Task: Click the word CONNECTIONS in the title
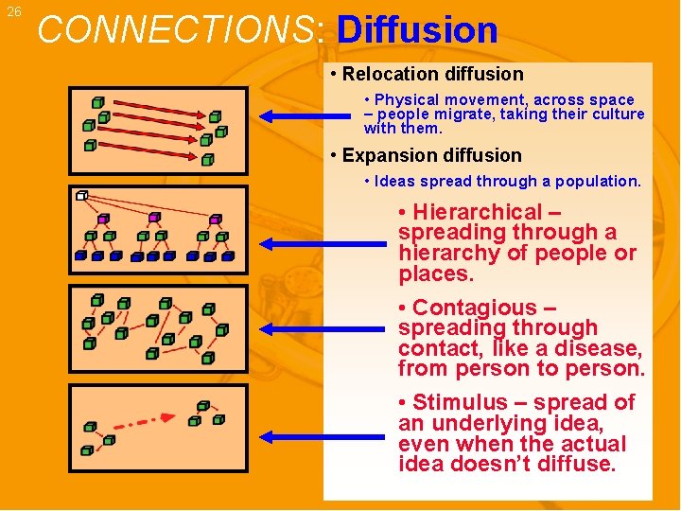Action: (x=178, y=30)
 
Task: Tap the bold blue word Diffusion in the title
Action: (x=417, y=30)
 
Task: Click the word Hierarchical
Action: (x=478, y=212)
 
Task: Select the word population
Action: (x=597, y=181)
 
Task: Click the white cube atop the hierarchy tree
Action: (x=81, y=196)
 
